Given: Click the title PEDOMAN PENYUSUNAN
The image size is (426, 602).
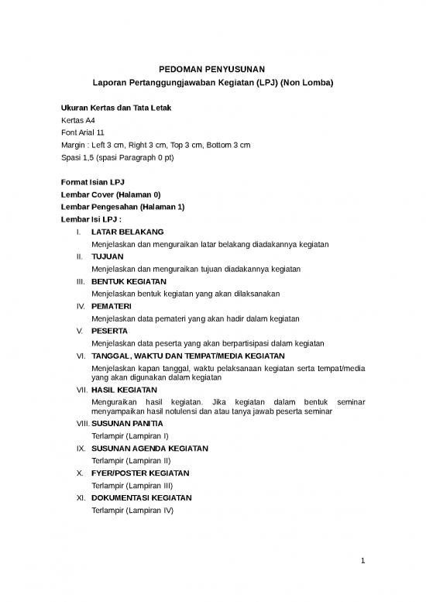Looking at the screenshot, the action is (212, 71).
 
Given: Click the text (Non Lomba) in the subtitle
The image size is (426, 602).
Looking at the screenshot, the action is (307, 85).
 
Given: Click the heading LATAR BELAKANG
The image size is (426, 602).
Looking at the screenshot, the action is (127, 232).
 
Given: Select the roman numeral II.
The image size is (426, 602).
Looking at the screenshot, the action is (79, 256).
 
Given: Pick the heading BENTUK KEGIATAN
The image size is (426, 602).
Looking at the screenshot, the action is (129, 281).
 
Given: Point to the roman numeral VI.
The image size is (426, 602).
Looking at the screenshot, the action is (80, 356).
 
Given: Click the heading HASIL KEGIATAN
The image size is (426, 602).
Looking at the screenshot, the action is (124, 390).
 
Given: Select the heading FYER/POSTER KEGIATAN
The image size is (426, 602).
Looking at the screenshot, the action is (139, 473).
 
